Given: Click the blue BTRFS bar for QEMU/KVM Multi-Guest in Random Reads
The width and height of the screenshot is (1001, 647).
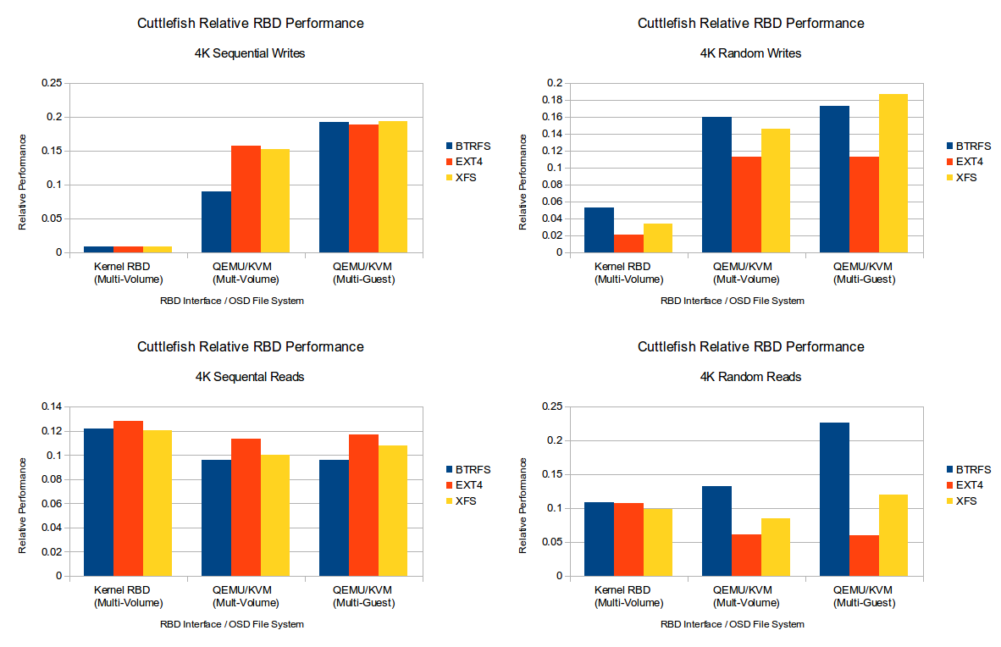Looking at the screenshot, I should coord(834,499).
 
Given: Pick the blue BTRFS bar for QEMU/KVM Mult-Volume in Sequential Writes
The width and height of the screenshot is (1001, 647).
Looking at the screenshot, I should coord(216,222).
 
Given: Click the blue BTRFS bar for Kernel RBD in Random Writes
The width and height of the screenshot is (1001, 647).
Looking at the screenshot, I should coord(599,229).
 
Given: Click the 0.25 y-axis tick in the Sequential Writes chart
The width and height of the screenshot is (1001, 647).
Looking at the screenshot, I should coord(52,83).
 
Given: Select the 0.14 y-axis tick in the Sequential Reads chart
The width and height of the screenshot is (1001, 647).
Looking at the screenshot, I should coord(52,407).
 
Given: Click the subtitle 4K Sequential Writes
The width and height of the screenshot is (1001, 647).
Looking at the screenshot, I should coord(250,53).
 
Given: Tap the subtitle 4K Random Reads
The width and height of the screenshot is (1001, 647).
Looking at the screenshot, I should coord(750,377).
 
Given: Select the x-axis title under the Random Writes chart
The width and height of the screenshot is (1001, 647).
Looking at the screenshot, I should coord(732,301).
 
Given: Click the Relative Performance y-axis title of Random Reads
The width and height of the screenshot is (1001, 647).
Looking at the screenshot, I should coord(523,506).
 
